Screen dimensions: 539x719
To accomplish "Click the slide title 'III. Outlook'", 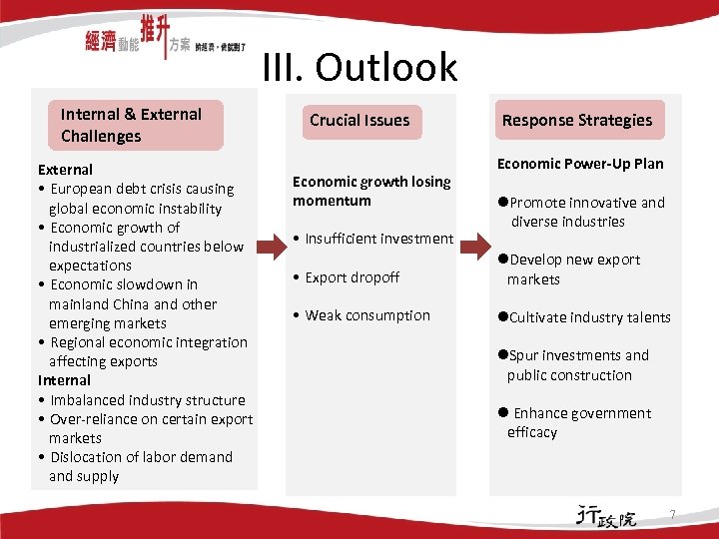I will click(359, 67).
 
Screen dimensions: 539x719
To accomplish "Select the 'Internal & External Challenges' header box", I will click(139, 125).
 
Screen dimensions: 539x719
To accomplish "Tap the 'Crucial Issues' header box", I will click(359, 121).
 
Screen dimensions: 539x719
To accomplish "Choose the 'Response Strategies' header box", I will click(576, 121).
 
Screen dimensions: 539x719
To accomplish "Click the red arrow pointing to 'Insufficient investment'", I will click(272, 241).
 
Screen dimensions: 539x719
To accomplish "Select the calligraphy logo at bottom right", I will click(605, 516).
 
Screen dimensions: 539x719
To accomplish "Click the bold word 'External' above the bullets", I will click(65, 170).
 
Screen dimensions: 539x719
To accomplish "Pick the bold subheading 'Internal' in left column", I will click(64, 380).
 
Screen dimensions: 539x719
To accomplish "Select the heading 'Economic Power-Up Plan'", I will click(579, 164).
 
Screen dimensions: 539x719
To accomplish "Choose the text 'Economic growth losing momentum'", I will click(371, 191).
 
